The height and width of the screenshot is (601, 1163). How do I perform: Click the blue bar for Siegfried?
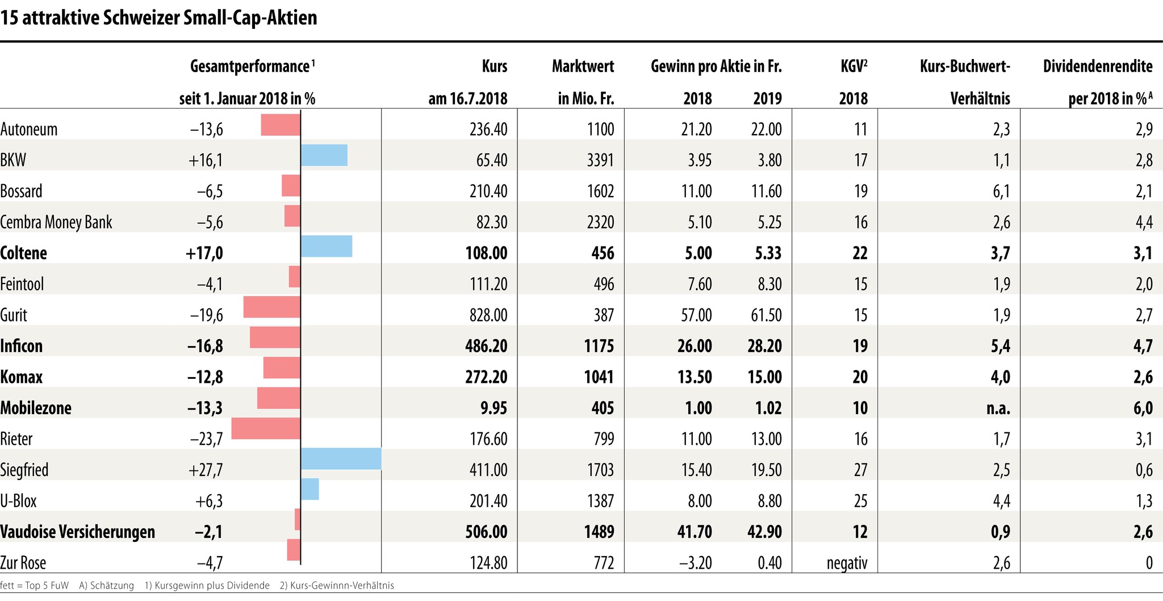(341, 459)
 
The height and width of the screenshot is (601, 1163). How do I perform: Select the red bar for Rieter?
(266, 428)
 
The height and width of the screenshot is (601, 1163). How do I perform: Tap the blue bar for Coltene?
(327, 247)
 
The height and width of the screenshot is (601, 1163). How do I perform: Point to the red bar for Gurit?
(271, 307)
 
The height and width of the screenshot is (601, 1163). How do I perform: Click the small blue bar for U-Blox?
(310, 489)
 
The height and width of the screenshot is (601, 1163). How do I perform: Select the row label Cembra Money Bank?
(56, 222)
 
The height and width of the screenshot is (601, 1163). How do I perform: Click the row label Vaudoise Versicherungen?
(78, 532)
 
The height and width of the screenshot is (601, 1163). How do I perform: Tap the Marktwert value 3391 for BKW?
(600, 160)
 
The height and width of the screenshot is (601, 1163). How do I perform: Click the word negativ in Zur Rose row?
(847, 563)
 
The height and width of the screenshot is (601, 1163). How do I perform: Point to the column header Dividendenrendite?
(1098, 67)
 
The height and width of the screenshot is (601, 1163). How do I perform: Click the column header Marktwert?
(583, 67)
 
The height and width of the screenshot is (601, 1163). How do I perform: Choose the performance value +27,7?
(205, 470)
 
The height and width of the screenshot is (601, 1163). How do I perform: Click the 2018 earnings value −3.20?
(696, 563)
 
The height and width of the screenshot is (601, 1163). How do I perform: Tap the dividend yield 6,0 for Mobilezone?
(1143, 408)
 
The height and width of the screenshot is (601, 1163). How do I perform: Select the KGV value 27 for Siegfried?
(860, 470)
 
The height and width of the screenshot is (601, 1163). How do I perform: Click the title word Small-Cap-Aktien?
(250, 18)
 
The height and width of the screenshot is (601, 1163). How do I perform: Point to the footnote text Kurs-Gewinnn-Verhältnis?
(342, 586)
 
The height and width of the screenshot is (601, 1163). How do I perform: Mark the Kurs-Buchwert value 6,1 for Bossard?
(1001, 191)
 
